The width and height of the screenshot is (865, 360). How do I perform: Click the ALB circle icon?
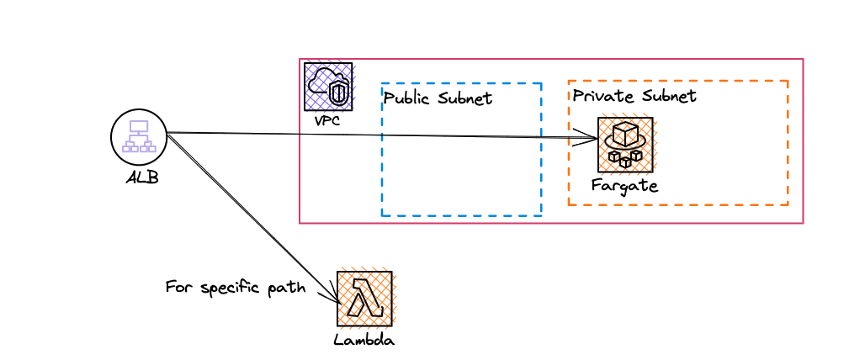139,137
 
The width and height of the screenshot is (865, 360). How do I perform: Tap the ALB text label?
141,177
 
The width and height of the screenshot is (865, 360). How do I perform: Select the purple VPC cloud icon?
328,86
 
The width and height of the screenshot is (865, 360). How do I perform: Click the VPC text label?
327,120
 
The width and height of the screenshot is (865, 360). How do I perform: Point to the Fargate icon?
625,145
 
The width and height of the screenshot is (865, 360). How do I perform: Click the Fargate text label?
624,185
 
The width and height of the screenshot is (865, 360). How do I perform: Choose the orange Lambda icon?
364,299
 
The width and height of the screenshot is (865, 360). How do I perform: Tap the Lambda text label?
364,340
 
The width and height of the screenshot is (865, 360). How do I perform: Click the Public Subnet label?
438,98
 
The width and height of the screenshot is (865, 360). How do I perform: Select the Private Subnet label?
634,96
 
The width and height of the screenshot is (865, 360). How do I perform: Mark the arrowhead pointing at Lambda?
333,297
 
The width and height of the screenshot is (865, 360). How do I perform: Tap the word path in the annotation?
286,289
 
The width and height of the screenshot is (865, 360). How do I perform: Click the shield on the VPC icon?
338,93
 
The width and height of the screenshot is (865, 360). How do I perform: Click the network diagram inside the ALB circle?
139,136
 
